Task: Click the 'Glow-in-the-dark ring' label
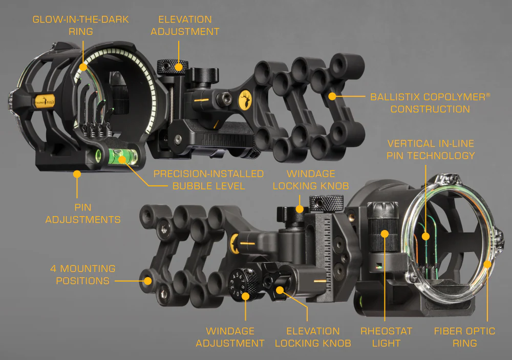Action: click(81, 26)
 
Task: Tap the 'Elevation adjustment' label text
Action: click(185, 26)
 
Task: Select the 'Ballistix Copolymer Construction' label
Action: click(430, 103)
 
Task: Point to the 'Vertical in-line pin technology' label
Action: click(431, 150)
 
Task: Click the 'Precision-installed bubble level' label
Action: click(209, 180)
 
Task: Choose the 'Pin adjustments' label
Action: click(83, 214)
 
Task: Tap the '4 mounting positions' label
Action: click(82, 274)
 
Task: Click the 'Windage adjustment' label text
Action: click(230, 337)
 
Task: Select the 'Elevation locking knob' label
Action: click(313, 337)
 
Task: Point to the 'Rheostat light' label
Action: click(386, 337)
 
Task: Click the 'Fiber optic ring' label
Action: click(465, 337)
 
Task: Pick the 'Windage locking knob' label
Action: click(311, 180)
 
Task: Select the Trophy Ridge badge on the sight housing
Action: click(45, 101)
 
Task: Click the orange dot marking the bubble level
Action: click(122, 159)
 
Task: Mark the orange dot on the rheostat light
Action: click(385, 234)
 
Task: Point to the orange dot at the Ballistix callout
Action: click(332, 96)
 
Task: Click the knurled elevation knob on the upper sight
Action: click(173, 67)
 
